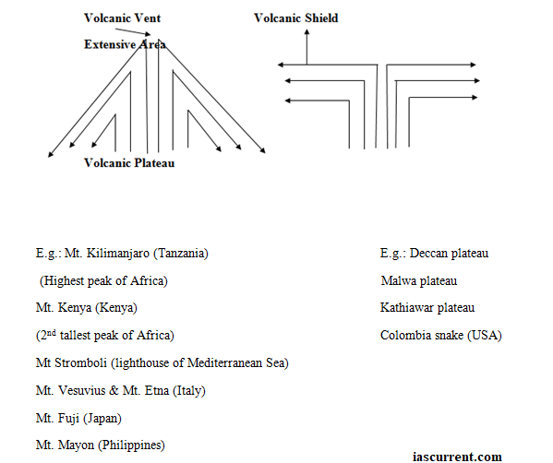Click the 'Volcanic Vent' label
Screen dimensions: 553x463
[122, 18]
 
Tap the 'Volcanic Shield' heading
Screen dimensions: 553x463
[296, 18]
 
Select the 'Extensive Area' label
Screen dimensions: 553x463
[125, 44]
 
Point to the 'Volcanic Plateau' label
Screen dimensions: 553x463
[129, 163]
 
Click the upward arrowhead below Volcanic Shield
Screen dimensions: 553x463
[307, 32]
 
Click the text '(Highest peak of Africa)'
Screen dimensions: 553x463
[103, 280]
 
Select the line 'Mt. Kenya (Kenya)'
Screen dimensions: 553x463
[87, 308]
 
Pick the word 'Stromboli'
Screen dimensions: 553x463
[80, 362]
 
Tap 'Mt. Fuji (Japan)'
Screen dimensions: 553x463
[78, 418]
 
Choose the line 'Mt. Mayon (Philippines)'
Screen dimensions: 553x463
[100, 445]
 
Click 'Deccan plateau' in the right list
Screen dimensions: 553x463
[449, 254]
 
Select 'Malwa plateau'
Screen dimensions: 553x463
[419, 280]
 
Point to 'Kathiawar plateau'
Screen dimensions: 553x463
[427, 308]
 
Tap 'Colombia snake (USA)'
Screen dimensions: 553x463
[441, 335]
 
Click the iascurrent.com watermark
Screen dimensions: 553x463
[457, 457]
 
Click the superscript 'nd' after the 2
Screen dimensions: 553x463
[52, 333]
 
